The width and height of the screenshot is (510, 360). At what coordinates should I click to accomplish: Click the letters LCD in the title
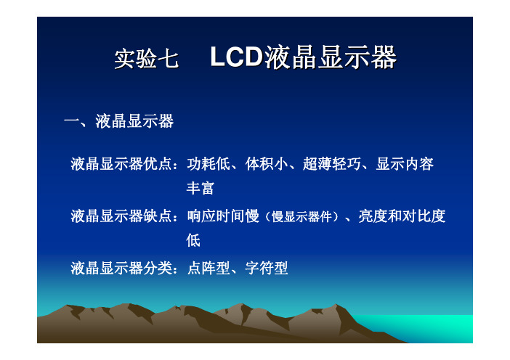coord(236,57)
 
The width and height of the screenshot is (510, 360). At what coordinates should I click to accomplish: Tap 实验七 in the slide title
coord(146,59)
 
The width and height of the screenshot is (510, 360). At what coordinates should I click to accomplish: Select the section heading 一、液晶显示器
coord(118,121)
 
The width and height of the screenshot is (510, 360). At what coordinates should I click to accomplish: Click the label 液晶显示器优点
coord(121,164)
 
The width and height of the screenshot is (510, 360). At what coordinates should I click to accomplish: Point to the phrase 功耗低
coord(209,164)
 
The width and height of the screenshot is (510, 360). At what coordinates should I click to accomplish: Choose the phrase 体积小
coord(267,164)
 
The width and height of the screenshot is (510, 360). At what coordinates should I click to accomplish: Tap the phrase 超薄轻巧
coord(332,164)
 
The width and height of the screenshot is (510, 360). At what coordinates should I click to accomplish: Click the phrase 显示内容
coord(405,164)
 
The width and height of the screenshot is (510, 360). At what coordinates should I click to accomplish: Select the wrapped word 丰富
coord(200,188)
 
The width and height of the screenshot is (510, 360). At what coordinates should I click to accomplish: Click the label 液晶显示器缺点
coord(121,216)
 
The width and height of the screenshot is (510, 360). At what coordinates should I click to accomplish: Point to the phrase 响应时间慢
coord(223,216)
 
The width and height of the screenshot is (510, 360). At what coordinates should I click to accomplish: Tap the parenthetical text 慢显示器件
coord(301,217)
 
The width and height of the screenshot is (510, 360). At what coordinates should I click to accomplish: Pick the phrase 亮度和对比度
coord(402,216)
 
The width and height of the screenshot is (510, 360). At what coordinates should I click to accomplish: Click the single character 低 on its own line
coord(193,240)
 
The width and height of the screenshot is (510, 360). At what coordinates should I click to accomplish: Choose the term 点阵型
coord(209,269)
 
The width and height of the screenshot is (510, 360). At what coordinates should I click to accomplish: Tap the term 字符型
coord(267,269)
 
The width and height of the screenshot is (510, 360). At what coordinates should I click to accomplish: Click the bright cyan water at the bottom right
coord(432,327)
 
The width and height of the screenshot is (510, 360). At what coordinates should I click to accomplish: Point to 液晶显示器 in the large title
coord(331,57)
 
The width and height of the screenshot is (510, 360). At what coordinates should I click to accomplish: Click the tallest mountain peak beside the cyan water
coord(336,305)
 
